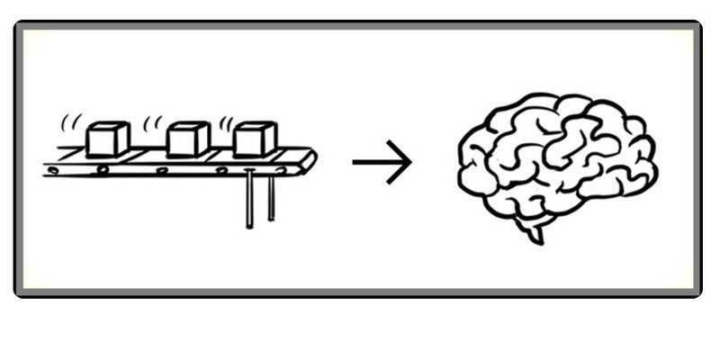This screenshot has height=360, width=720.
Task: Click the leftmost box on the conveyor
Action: (108, 139)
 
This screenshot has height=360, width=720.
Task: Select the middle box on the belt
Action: (189, 139)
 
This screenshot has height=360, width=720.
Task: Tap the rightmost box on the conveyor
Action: (255, 139)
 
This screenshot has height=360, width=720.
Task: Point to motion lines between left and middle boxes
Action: (154, 121)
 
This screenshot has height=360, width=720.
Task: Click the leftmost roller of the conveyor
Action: (54, 169)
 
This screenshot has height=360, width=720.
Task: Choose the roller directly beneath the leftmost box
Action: (106, 169)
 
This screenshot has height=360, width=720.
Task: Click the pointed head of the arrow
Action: (408, 163)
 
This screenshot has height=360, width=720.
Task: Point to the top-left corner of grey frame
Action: (17, 25)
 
